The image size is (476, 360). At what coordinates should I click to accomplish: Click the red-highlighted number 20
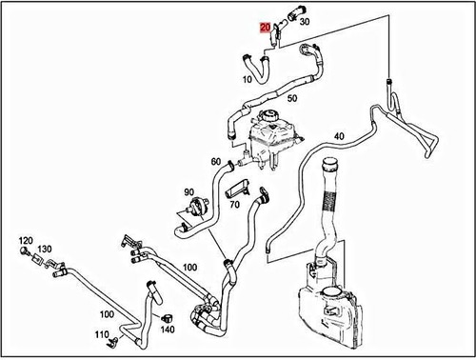pyautogui.click(x=266, y=29)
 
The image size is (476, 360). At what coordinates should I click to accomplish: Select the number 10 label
pyautogui.click(x=248, y=79)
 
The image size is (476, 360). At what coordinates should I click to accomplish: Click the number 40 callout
pyautogui.click(x=338, y=136)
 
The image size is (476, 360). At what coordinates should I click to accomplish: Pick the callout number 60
pyautogui.click(x=216, y=161)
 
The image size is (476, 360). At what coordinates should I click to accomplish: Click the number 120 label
pyautogui.click(x=25, y=240)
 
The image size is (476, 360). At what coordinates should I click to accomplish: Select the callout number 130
pyautogui.click(x=45, y=249)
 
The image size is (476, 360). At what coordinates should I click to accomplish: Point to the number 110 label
pyautogui.click(x=101, y=335)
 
